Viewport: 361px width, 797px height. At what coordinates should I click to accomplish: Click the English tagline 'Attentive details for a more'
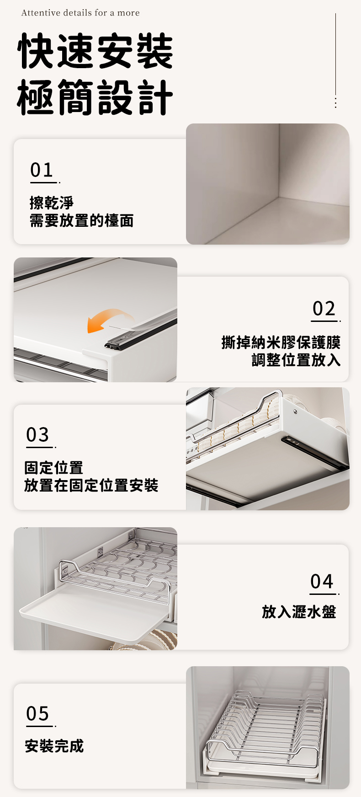click(80, 13)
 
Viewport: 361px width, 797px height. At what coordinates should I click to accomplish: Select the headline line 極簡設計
click(95, 97)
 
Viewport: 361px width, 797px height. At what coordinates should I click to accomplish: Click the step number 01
click(42, 170)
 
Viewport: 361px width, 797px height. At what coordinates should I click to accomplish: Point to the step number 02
click(324, 309)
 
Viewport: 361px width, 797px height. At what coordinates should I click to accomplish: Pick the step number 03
click(37, 435)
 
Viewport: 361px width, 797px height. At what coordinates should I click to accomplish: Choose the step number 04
click(322, 582)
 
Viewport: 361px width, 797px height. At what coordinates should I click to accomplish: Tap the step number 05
click(37, 713)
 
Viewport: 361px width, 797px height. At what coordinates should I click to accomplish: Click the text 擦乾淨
click(51, 203)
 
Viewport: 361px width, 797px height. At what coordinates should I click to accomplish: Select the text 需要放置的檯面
click(81, 220)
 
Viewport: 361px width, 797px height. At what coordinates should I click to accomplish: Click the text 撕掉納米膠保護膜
click(281, 342)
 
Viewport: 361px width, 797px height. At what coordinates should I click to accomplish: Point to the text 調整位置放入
click(296, 360)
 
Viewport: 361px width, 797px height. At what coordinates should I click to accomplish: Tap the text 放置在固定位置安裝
click(91, 485)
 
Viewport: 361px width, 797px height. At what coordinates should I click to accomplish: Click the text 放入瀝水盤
click(299, 612)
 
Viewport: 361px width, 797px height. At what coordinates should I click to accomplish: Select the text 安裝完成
click(54, 746)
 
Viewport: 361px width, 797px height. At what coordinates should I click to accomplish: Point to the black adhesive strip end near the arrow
click(114, 344)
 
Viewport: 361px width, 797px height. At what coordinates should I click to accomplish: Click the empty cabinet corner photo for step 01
click(268, 184)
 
